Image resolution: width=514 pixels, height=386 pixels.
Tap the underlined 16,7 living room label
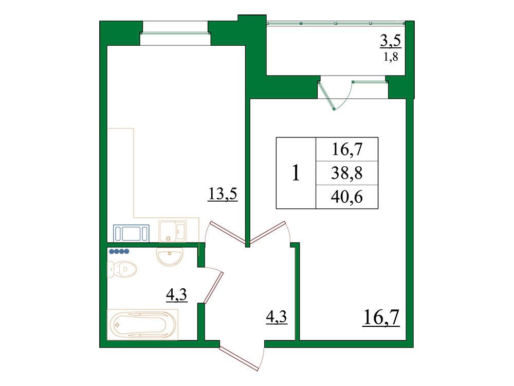pyautogui.click(x=381, y=318)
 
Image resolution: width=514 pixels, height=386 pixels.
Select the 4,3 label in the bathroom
pyautogui.click(x=177, y=294)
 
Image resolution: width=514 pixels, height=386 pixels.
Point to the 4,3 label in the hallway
pyautogui.click(x=277, y=317)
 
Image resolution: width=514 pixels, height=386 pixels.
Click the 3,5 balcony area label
pyautogui.click(x=391, y=41)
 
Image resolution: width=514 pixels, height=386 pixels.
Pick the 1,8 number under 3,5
pyautogui.click(x=391, y=57)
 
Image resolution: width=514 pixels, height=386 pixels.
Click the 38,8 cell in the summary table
pyautogui.click(x=347, y=173)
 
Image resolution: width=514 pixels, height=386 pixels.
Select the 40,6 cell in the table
pyautogui.click(x=347, y=197)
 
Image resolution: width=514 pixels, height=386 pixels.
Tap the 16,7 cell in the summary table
pyautogui.click(x=347, y=149)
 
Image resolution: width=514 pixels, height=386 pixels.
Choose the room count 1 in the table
pyautogui.click(x=296, y=173)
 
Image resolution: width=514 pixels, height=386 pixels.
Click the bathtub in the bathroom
pyautogui.click(x=142, y=325)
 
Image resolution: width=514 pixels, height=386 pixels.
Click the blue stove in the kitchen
pyautogui.click(x=131, y=233)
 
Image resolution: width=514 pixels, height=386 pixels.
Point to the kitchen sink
pyautogui.click(x=172, y=231)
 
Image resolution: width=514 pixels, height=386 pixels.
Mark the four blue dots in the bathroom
pyautogui.click(x=119, y=252)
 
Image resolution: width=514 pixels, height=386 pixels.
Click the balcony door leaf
pyautogui.click(x=326, y=96)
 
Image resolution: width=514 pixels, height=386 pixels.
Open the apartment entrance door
pyautogui.click(x=238, y=359)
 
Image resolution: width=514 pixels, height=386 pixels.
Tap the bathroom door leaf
pyautogui.click(x=213, y=288)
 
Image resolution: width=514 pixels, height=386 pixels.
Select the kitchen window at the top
pyautogui.click(x=175, y=33)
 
